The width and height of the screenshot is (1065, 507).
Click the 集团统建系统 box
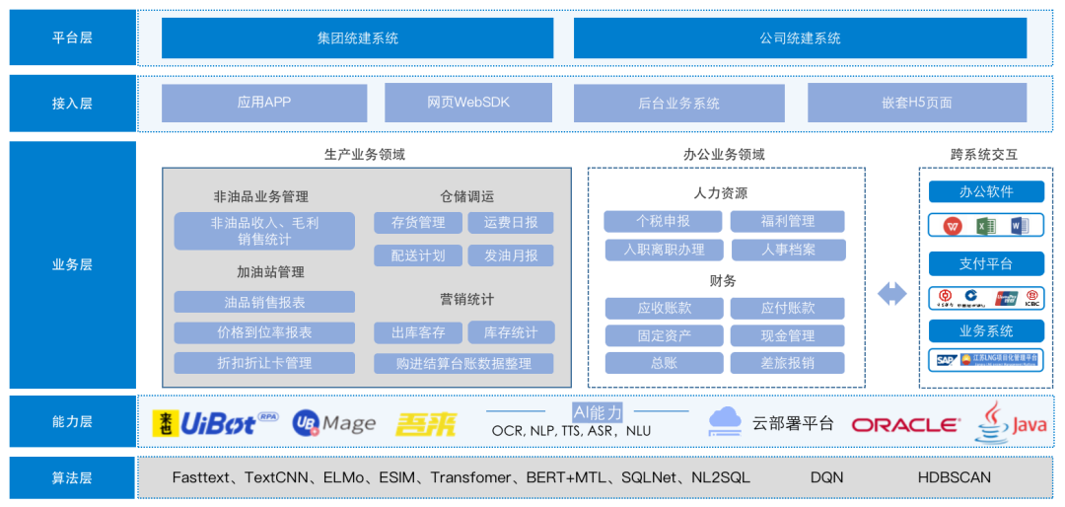[358, 38]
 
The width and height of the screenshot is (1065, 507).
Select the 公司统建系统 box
[800, 38]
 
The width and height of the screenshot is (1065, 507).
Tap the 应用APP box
[264, 103]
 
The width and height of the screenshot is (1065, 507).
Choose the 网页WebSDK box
[468, 103]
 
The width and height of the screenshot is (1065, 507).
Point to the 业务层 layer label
[72, 264]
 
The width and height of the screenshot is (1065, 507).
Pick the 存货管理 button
[418, 223]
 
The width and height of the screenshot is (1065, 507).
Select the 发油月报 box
[511, 255]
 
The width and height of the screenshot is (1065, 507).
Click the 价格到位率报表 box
[264, 332]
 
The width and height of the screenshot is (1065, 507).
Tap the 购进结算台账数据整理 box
[463, 364]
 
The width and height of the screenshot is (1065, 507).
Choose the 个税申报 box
[663, 221]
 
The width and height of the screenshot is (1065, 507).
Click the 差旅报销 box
[787, 363]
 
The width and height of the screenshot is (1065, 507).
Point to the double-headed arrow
[891, 293]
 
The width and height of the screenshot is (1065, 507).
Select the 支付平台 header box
[986, 263]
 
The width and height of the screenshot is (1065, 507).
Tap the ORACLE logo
[905, 424]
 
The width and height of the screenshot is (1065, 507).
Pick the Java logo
[1012, 423]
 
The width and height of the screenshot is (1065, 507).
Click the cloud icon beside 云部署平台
[725, 421]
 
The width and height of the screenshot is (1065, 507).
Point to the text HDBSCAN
[954, 477]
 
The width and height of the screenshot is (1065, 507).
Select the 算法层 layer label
[72, 477]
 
